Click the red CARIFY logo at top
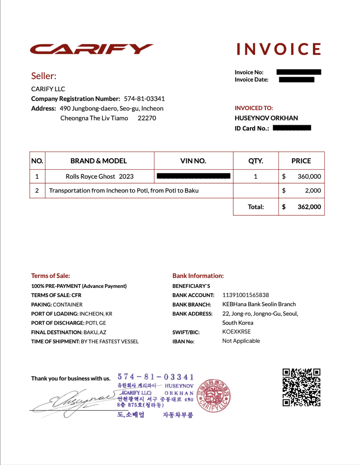tap(92, 49)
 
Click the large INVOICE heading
tap(279, 49)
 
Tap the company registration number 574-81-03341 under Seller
tap(144, 99)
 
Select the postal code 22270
tap(147, 118)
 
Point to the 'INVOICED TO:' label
tap(254, 108)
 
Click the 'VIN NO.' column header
tap(193, 161)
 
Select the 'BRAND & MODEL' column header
tap(99, 161)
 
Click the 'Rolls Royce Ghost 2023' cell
tap(100, 176)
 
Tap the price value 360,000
tap(309, 176)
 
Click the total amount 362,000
tap(309, 207)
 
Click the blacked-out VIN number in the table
tap(193, 176)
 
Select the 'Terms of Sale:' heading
tap(50, 276)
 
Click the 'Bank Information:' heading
tap(198, 276)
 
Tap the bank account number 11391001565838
tap(245, 295)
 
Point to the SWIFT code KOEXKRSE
tap(237, 332)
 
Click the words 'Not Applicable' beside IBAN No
tap(241, 341)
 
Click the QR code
tap(301, 387)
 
